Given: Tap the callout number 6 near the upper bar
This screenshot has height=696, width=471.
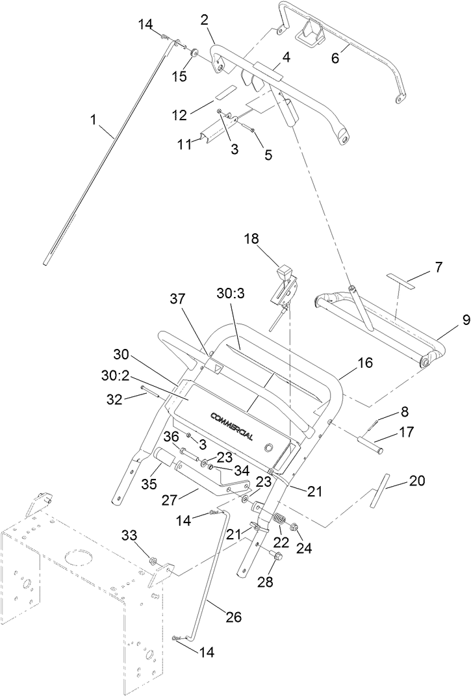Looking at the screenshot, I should (335, 58).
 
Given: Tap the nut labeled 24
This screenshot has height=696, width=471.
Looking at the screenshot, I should (294, 526).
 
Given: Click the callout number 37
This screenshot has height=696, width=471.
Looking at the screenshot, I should (177, 299).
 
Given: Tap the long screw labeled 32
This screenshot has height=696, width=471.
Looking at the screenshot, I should (150, 392).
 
